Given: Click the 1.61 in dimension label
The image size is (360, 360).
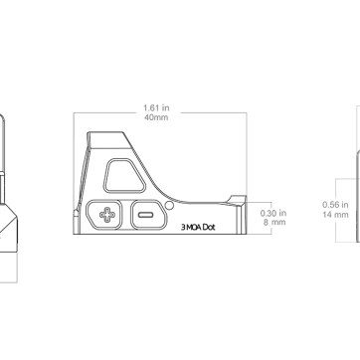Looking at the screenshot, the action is pos(156,108).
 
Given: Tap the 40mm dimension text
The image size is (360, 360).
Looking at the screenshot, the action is pos(156,117).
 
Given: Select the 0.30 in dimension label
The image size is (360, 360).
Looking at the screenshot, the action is pos(273,213).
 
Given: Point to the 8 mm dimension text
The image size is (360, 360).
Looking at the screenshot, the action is pos(274,222).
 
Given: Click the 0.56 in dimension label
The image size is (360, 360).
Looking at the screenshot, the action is pos(335,205).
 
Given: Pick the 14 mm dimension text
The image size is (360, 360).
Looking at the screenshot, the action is pos(335,215).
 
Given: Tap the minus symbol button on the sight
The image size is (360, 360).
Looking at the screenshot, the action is pos(148,215).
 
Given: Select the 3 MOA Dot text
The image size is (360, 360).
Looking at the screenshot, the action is pos(198,227).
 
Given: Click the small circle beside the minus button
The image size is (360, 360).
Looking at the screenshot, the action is pos(169,206).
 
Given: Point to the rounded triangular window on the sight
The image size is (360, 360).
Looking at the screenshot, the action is pos(124,175).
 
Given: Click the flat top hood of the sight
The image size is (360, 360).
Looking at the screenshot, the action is pos(109,140).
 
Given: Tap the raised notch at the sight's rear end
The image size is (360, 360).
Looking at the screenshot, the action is pos(238,200).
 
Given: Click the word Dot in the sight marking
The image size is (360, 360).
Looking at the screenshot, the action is pos(209,227).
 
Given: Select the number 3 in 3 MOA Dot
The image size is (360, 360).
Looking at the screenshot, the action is pos(183,228).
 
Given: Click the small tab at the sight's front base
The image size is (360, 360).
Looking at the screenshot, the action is pos(76,222).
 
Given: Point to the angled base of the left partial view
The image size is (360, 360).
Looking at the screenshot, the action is pos(9,228).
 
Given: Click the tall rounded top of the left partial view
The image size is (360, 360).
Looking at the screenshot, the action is pos(2,143).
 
